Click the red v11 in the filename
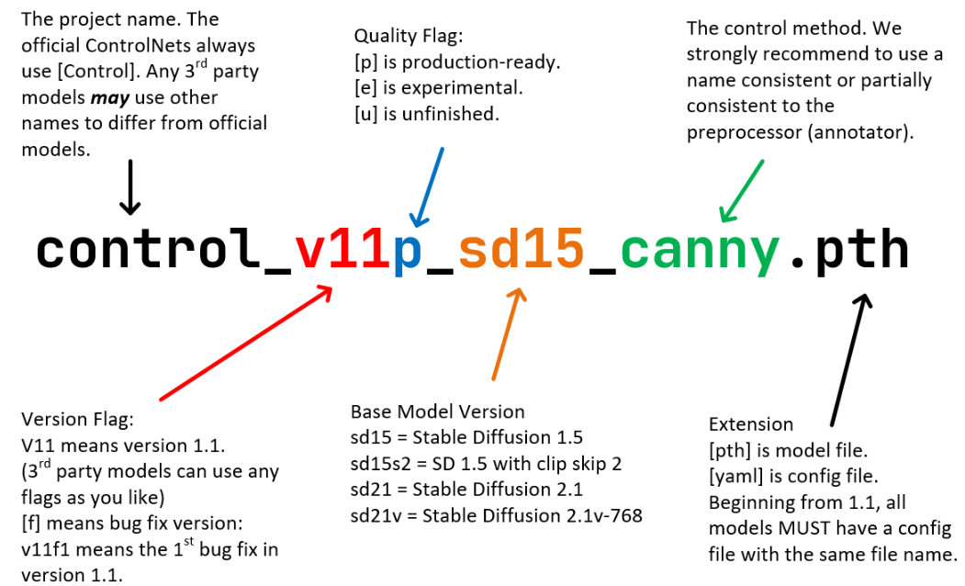(342, 250)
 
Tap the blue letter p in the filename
(408, 254)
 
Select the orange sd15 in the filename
(521, 248)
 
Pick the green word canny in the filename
(700, 253)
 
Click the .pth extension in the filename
(849, 250)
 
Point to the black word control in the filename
(148, 248)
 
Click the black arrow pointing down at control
(129, 187)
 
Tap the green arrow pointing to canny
(742, 191)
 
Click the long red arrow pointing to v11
(246, 343)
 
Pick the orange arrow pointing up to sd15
(509, 334)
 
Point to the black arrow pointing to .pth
(850, 360)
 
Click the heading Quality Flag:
(408, 37)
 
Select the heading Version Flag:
(77, 420)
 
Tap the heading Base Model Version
(438, 411)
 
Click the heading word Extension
(751, 424)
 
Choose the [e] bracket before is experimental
(365, 88)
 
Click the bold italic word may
(110, 98)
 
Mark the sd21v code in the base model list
(376, 516)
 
